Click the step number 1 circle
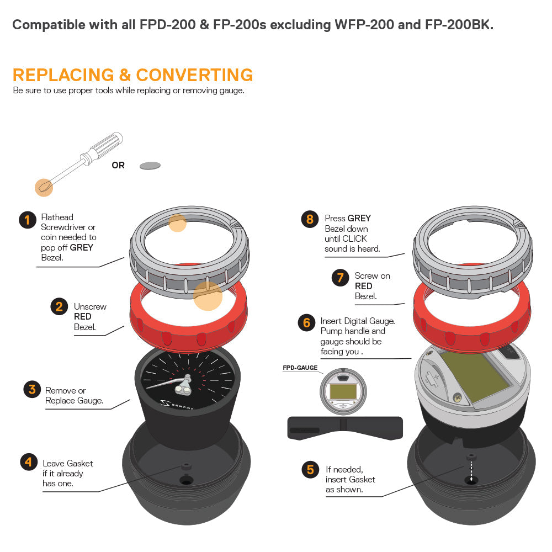coord(28,220)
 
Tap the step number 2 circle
coord(59,306)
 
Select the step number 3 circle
coord(32,389)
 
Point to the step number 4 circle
coord(29,462)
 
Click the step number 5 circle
coord(310,469)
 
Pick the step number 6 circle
coord(306,322)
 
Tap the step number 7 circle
coord(340,278)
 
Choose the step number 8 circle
coord(310,219)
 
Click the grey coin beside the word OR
coord(150,166)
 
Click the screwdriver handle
coord(103,148)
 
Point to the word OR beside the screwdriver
coord(118,165)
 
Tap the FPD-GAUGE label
coord(300,368)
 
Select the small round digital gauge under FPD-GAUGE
coord(343,391)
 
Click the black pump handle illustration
coord(345,428)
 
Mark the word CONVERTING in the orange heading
coord(195,75)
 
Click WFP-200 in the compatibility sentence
coord(364,25)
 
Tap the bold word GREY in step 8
coord(359,218)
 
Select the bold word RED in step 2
coord(83,316)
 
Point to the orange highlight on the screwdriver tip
coord(44,187)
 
